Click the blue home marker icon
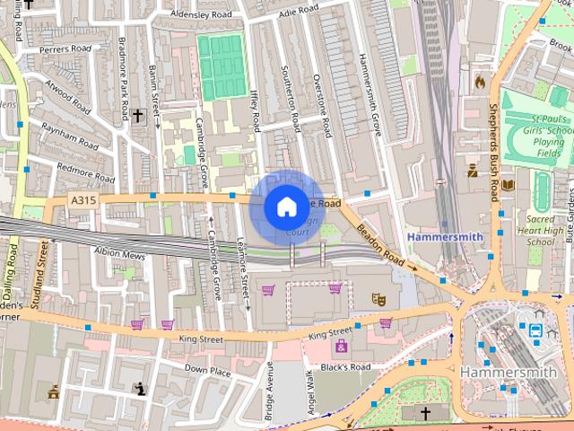tap(286, 207)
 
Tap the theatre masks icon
tap(379, 298)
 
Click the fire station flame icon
tap(480, 82)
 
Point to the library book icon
tap(509, 185)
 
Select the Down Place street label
tap(207, 369)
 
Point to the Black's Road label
tap(345, 367)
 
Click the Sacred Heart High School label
tap(540, 230)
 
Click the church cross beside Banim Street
tap(137, 116)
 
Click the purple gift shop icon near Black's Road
tap(341, 346)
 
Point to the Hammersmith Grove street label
tap(370, 94)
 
